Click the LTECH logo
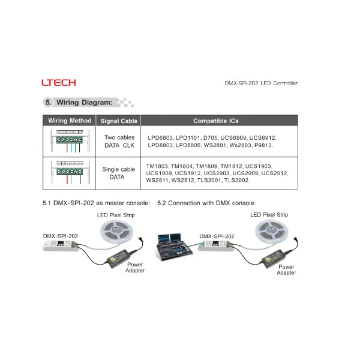59,83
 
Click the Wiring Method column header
70,121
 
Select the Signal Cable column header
119,121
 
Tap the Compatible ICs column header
216,121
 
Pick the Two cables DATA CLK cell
119,142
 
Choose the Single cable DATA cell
119,173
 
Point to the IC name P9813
263,145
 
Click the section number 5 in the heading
48,102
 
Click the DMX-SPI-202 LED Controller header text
260,83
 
